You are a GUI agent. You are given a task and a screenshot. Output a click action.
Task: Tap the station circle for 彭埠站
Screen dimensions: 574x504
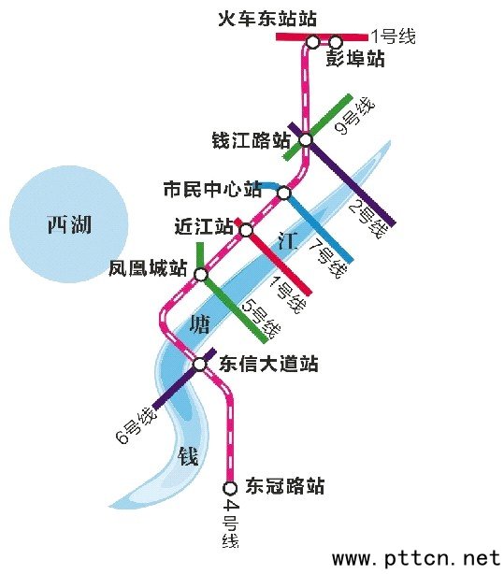tap(336, 41)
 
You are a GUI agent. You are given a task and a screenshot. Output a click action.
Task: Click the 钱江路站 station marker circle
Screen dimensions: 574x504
tap(305, 140)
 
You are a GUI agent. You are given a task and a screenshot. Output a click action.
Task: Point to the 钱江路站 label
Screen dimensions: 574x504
tap(252, 141)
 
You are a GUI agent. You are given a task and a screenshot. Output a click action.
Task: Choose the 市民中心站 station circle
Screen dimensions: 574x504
tap(283, 194)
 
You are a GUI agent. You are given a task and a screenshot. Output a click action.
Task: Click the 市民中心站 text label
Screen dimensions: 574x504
tap(212, 190)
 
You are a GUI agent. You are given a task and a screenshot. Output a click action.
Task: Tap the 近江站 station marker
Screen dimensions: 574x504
tap(245, 230)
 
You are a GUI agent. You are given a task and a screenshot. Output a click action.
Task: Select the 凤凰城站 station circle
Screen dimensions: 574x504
tap(200, 273)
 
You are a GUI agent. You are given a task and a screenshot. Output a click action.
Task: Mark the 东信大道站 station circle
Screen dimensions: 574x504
tap(200, 364)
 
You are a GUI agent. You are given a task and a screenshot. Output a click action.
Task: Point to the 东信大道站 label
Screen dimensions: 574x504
tap(268, 364)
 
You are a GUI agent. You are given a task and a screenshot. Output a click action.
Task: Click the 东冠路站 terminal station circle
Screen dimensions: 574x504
tap(230, 487)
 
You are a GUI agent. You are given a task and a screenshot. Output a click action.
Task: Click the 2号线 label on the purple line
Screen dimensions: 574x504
tap(367, 217)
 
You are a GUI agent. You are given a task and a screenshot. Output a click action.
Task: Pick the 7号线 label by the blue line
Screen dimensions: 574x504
tap(327, 259)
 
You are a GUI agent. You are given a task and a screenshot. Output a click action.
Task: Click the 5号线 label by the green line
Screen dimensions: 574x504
tap(259, 318)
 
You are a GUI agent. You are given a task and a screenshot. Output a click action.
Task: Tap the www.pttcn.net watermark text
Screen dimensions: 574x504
tap(416, 558)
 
